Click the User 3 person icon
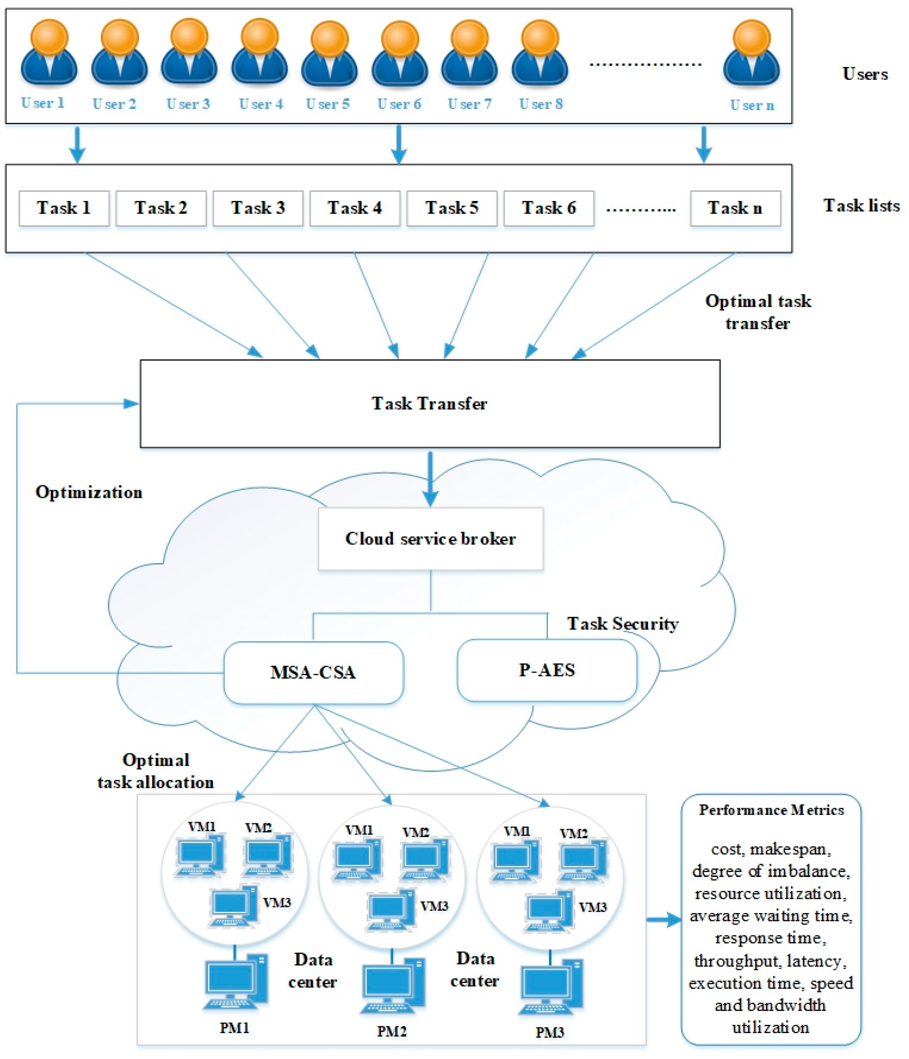click(189, 54)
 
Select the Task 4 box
click(355, 208)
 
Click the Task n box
click(735, 208)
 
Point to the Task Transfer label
click(429, 404)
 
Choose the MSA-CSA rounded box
click(313, 672)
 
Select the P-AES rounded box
click(547, 670)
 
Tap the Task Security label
click(622, 624)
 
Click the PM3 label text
click(549, 1032)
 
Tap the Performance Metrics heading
click(771, 810)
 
